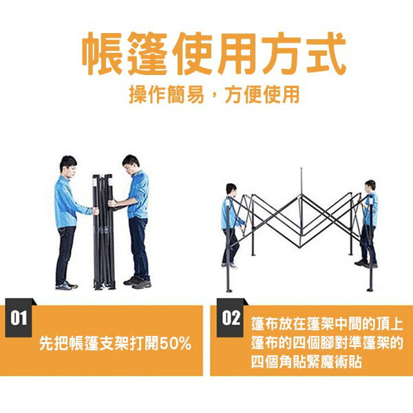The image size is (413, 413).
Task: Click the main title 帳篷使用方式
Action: (213, 54)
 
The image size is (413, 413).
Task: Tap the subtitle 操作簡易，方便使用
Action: (214, 94)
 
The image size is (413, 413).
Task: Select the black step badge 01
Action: (19, 317)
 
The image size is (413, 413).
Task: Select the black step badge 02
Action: (230, 317)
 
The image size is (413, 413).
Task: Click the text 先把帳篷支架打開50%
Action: (115, 343)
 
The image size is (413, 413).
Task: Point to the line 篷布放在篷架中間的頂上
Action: (327, 324)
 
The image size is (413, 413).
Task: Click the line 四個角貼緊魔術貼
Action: (306, 362)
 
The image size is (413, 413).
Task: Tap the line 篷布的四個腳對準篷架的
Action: (327, 343)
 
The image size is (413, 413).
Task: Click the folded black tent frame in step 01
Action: (104, 232)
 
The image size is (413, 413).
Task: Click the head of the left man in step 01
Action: (68, 167)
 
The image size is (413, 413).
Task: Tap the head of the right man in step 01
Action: (131, 165)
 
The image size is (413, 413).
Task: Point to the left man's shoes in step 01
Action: (66, 286)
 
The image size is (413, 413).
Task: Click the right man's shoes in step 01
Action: (138, 282)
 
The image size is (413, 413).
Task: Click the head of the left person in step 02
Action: (231, 190)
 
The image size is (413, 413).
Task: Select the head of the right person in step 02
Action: (370, 186)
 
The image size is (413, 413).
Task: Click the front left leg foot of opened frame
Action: (229, 290)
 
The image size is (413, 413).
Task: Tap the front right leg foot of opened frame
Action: (370, 290)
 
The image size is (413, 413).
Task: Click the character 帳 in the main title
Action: (103, 54)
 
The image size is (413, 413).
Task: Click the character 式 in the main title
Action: (324, 54)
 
